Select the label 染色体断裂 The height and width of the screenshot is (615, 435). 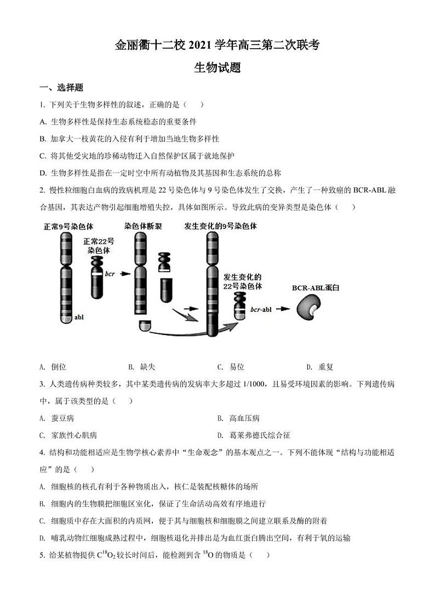tap(143, 226)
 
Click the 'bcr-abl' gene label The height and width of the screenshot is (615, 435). tap(261, 309)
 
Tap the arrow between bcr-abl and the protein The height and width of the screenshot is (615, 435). tap(283, 309)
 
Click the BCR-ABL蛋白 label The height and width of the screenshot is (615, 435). tap(316, 287)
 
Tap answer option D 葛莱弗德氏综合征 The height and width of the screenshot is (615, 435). tap(260, 435)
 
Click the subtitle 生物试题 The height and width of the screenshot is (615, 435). tap(218, 68)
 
